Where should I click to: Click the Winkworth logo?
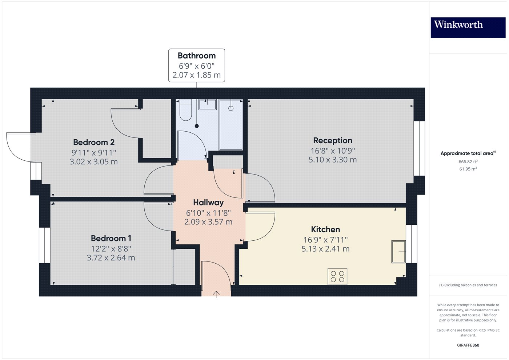point(468,27)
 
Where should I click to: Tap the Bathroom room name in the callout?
point(196,56)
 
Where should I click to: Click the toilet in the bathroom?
point(186,111)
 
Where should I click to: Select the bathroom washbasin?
point(207,104)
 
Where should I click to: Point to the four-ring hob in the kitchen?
point(337,276)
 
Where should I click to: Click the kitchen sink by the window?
point(398,251)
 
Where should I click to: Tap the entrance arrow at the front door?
point(216,294)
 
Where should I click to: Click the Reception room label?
point(333,140)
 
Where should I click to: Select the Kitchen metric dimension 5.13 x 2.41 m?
point(325,249)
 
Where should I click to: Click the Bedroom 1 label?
point(111,238)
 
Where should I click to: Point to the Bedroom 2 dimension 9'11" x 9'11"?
point(94,153)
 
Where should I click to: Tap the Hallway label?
point(208,203)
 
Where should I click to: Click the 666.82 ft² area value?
point(468,162)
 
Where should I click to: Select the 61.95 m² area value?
point(468,169)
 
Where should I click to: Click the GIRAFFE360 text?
point(468,345)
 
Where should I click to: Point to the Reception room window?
point(419,148)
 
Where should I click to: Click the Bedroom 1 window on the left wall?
point(44,245)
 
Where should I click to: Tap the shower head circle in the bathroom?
point(231,108)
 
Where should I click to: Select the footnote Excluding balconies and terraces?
point(468,285)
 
